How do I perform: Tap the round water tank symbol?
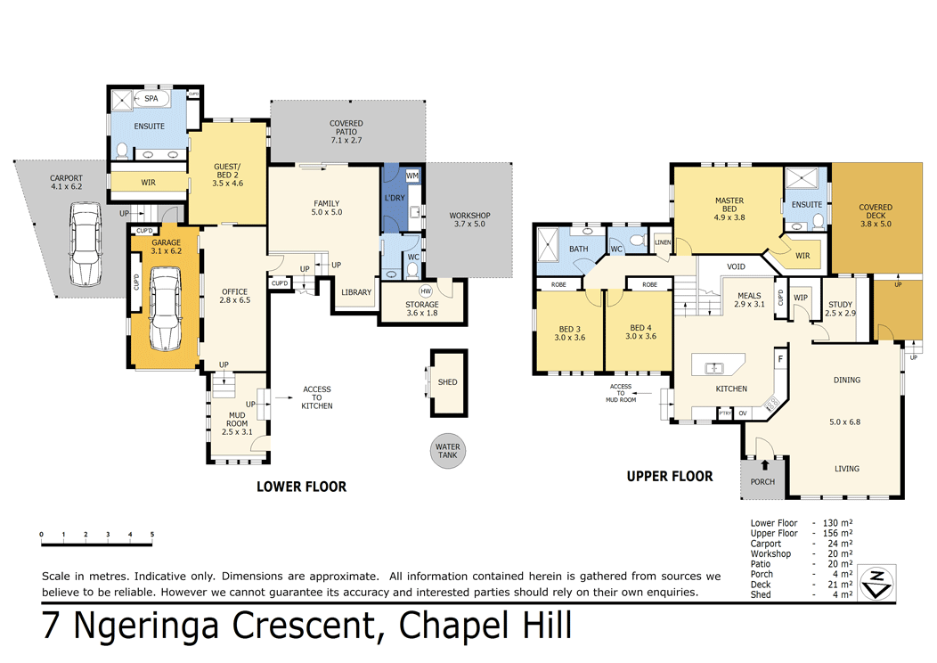447,451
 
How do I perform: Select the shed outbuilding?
447,382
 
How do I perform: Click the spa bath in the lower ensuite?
151,98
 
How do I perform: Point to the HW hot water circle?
425,291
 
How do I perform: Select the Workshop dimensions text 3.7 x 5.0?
470,225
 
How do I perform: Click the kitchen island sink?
714,367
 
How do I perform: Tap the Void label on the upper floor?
736,266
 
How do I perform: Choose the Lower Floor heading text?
301,487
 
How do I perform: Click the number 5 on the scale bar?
152,535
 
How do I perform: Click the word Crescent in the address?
299,626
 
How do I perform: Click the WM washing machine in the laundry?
411,176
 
